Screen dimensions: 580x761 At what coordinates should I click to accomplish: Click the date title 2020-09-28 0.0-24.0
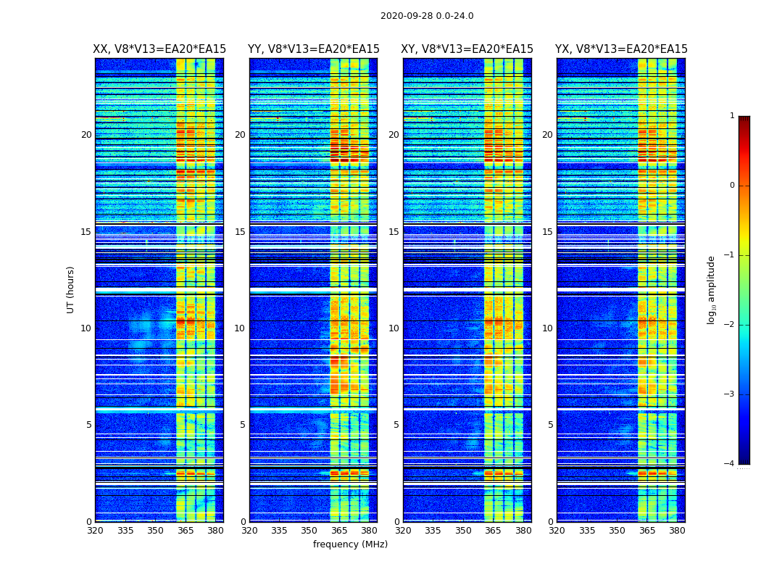[x=427, y=16]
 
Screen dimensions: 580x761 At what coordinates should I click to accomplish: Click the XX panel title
[x=159, y=49]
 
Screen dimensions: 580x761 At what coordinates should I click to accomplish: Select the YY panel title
[x=314, y=49]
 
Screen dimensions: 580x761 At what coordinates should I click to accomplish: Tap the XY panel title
[x=467, y=49]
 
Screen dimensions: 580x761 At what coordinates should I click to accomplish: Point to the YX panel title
[x=621, y=49]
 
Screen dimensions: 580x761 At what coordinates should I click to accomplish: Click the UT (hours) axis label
[x=71, y=289]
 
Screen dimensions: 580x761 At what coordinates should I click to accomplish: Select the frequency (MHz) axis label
[x=350, y=544]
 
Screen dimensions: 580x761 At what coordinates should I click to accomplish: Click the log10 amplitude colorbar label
[x=712, y=289]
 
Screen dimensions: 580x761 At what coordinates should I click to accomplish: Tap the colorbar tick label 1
[x=732, y=116]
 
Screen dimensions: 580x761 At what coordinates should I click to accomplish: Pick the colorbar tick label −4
[x=730, y=464]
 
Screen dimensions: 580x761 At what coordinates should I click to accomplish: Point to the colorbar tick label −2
[x=730, y=325]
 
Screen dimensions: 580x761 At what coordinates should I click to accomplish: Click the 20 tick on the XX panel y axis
[x=86, y=135]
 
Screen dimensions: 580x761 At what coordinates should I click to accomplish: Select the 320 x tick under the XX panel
[x=95, y=531]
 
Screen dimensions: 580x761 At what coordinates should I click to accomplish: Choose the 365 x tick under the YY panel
[x=339, y=531]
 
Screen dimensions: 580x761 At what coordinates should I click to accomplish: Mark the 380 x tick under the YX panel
[x=677, y=531]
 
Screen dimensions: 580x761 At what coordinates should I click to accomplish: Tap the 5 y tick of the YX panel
[x=550, y=425]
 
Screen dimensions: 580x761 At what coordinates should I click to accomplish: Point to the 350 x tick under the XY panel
[x=463, y=531]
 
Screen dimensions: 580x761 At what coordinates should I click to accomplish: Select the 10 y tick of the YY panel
[x=239, y=328]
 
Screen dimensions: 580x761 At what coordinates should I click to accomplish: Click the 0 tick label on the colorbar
[x=732, y=186]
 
